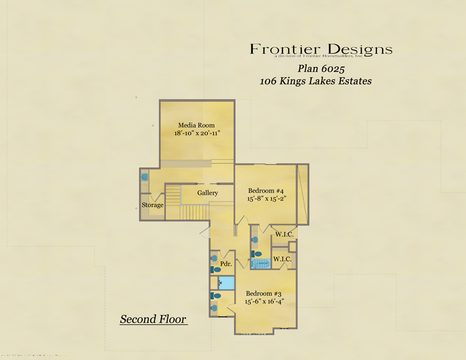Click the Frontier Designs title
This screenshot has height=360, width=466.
coord(321,49)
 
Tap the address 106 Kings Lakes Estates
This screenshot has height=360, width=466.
coord(315,82)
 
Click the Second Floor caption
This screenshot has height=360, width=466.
coord(153,319)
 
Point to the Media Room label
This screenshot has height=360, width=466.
coord(196,125)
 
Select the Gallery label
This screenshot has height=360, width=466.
coord(207,193)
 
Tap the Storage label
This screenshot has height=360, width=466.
coord(153,205)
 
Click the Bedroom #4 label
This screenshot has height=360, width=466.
coord(266,190)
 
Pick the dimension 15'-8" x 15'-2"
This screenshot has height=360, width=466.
coord(267,199)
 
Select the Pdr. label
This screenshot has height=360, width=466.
coord(226,264)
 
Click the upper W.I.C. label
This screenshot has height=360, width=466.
coord(284,234)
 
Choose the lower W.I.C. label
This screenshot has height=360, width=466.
coord(282,259)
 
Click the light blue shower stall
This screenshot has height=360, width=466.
coord(226,283)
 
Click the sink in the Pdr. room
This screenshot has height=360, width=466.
coord(214,257)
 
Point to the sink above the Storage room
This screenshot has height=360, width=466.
coord(144,177)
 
